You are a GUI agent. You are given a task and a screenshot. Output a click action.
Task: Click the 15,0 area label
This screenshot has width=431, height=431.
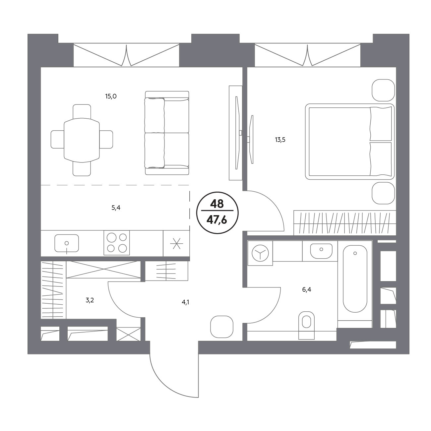pyautogui.click(x=111, y=96)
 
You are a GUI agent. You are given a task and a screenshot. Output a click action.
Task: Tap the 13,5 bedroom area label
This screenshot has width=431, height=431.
pyautogui.click(x=280, y=140)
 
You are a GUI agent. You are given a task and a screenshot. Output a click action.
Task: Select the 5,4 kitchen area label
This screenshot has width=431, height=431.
pyautogui.click(x=116, y=208)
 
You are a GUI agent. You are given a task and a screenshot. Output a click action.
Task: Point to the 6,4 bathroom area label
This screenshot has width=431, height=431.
pyautogui.click(x=306, y=290)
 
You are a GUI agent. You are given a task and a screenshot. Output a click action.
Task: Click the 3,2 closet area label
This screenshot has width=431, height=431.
pyautogui.click(x=90, y=300)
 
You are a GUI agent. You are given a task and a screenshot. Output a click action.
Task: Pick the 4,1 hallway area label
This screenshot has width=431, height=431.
pyautogui.click(x=185, y=302)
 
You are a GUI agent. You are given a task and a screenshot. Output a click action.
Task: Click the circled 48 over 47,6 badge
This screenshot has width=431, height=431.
pyautogui.click(x=217, y=213)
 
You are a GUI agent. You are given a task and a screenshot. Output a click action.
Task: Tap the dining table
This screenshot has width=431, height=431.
pyautogui.click(x=82, y=140)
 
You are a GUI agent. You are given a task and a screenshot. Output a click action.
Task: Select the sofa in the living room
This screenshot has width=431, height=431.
pyautogui.click(x=167, y=133)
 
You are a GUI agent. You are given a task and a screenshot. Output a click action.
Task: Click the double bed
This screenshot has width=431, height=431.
pyautogui.click(x=349, y=142)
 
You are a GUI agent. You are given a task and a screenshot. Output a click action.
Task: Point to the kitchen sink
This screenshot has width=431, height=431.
pyautogui.click(x=67, y=243)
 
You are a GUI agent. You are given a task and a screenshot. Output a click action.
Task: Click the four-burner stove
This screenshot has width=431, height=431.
pyautogui.click(x=116, y=243)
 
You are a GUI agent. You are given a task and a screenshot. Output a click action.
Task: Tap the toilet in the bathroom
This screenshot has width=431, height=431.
pyautogui.click(x=306, y=325)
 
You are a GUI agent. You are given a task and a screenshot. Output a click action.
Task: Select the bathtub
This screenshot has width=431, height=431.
pyautogui.click(x=355, y=279)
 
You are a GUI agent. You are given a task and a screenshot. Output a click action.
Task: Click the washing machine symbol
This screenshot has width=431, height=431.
pyautogui.click(x=260, y=253)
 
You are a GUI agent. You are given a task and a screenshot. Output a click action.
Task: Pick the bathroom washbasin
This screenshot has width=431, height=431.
pyautogui.click(x=321, y=251)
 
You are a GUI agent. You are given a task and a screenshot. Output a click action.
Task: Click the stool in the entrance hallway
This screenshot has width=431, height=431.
pyautogui.click(x=222, y=327)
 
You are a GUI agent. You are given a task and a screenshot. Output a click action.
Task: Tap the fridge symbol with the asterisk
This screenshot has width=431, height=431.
pyautogui.click(x=176, y=243)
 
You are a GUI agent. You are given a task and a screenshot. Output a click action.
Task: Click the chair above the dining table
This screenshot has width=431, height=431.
pyautogui.click(x=82, y=112)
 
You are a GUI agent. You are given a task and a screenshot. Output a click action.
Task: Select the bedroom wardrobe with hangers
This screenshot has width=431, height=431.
pyautogui.click(x=345, y=223)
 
